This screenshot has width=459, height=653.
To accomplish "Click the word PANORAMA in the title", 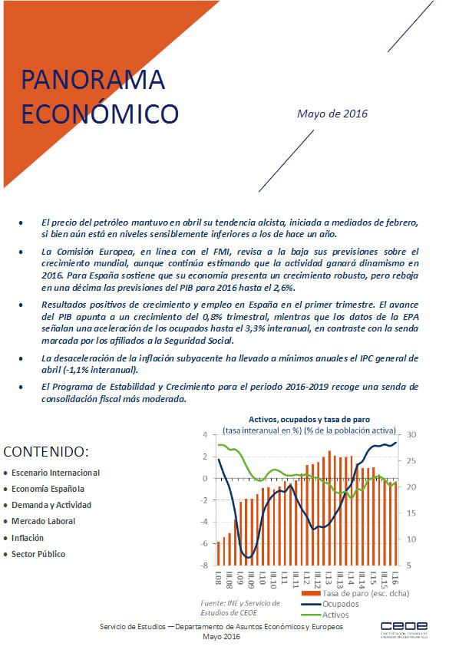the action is (93, 80).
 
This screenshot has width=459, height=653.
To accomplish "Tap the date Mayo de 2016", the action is (332, 114).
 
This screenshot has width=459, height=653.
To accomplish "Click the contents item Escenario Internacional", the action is (55, 473).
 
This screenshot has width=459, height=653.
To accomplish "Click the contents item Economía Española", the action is (48, 489).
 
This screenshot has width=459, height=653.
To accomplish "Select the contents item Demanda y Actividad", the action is (51, 505).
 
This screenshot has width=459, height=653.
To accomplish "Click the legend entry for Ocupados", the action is (340, 603).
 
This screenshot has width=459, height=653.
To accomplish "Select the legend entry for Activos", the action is (336, 613).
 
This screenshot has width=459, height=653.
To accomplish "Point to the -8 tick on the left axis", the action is (205, 566).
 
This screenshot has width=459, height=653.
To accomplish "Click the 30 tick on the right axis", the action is (411, 435).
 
